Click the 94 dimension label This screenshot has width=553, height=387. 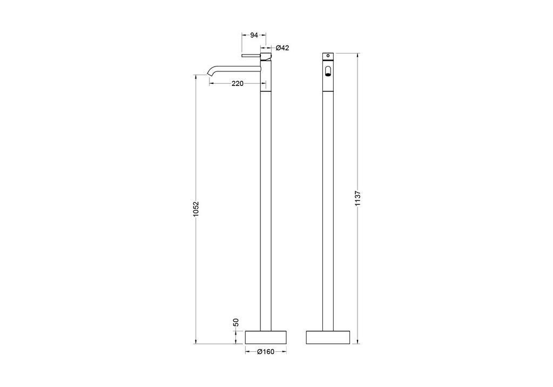tap(254, 35)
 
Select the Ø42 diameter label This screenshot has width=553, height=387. tap(282, 48)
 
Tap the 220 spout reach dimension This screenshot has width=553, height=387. tap(238, 84)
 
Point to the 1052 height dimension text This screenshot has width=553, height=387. tap(196, 209)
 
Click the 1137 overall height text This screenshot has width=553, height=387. tap(359, 198)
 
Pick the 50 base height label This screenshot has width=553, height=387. tap(237, 322)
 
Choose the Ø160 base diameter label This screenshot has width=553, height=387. tap(266, 352)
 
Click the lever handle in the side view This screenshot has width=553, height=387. tap(251, 56)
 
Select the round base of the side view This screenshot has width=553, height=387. tap(266, 337)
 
